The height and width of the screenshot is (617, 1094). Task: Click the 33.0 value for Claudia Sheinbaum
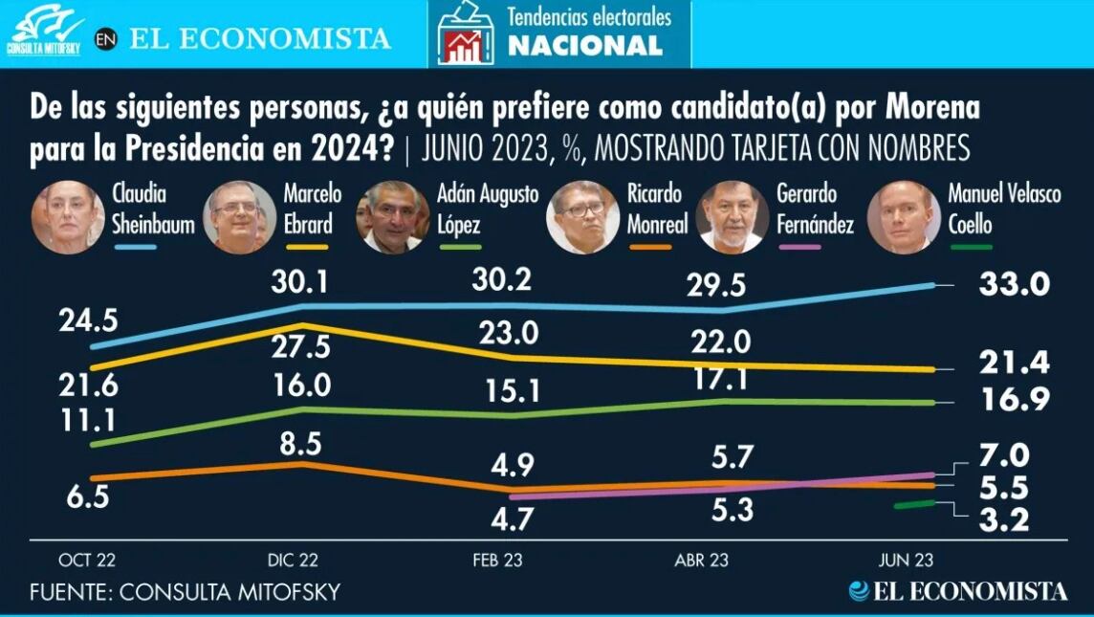(1015, 284)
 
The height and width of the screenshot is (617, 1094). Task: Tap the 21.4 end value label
(1015, 363)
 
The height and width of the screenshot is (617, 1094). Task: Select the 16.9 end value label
(1015, 401)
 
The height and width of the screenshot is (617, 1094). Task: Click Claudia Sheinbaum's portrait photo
(68, 217)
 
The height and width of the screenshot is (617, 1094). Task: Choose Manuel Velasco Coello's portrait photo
(903, 217)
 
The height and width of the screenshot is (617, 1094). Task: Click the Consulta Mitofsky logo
(45, 32)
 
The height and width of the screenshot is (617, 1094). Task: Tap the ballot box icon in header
(466, 34)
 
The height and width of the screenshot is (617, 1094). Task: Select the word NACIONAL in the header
(584, 45)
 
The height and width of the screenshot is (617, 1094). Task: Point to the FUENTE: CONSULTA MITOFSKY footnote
(185, 592)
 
